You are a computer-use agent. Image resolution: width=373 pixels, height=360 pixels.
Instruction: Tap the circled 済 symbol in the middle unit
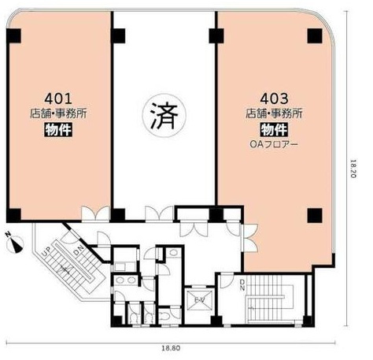pyautogui.click(x=163, y=115)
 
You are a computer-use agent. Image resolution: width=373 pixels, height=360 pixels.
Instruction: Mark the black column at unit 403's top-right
pyautogui.click(x=312, y=35)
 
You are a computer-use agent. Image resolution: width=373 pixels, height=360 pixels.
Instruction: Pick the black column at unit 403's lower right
pyautogui.click(x=312, y=214)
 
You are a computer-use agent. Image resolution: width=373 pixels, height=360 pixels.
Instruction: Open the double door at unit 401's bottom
pyautogui.click(x=98, y=213)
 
